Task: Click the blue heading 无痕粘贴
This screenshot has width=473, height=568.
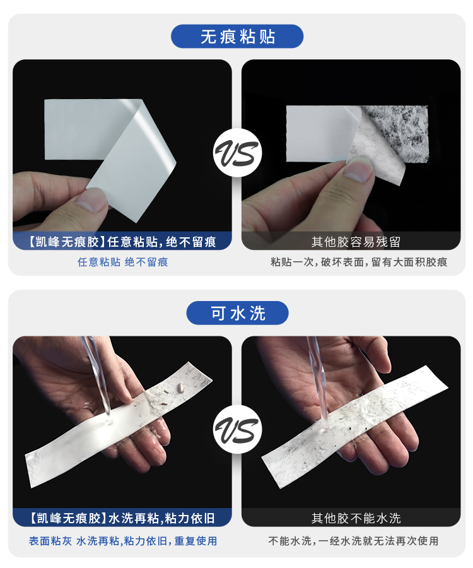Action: pyautogui.click(x=237, y=37)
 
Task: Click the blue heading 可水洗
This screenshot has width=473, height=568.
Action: pyautogui.click(x=237, y=312)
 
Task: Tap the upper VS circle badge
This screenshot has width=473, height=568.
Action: pyautogui.click(x=237, y=154)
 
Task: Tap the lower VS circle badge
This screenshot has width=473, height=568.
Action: pyautogui.click(x=237, y=431)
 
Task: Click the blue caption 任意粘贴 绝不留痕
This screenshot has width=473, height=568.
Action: pyautogui.click(x=122, y=262)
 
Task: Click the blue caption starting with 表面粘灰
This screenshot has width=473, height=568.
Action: pyautogui.click(x=122, y=541)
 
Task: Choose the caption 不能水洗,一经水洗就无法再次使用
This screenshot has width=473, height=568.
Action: pyautogui.click(x=353, y=541)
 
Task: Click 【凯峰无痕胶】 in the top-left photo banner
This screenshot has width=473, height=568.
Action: pyautogui.click(x=59, y=242)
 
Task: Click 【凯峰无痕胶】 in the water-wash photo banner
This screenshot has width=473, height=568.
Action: pyautogui.click(x=59, y=518)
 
